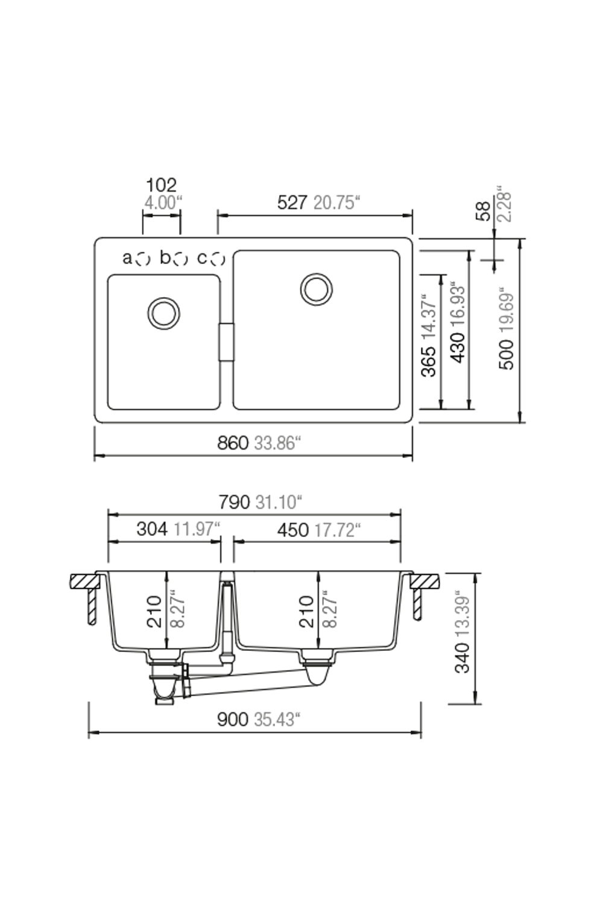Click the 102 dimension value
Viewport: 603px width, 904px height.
161,185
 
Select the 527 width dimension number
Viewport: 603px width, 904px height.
292,202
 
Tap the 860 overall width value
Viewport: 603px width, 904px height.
233,444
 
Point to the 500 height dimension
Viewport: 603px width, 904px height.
507,355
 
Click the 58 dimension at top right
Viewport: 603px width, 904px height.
484,211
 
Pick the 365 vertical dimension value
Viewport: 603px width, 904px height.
428,362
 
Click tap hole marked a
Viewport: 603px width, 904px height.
143,259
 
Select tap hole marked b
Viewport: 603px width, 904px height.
180,259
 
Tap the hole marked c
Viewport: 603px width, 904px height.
218,259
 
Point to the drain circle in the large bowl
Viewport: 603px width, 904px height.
316,289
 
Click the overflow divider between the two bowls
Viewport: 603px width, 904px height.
226,342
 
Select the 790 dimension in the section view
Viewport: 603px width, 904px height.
234,502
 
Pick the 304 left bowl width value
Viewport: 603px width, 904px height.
152,529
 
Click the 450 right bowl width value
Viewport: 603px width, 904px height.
292,530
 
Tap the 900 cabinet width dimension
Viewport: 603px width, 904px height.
233,720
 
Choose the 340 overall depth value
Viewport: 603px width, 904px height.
462,658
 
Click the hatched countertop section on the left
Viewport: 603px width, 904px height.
84,581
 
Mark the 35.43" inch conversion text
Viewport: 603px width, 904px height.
277,720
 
